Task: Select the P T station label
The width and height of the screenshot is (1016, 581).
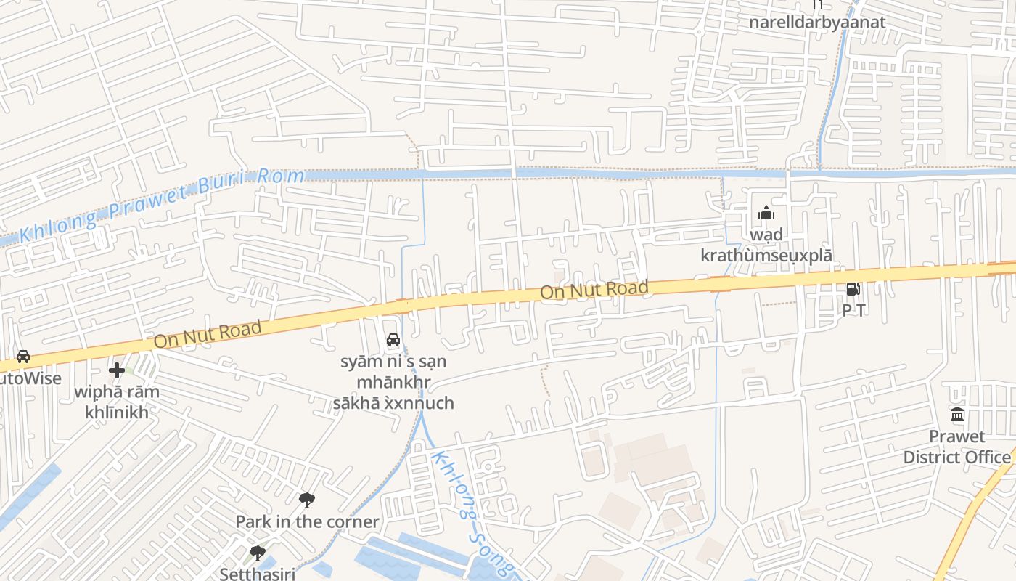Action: tap(853, 310)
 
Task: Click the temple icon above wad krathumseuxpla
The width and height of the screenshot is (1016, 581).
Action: tap(766, 214)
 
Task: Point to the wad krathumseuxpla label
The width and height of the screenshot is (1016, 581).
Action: tap(766, 245)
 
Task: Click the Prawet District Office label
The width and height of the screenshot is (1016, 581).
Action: tap(956, 447)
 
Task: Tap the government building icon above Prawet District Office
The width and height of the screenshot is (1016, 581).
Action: tap(957, 415)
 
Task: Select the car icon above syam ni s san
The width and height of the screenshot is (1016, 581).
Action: tap(393, 339)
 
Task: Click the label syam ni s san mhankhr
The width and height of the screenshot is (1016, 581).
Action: tap(397, 382)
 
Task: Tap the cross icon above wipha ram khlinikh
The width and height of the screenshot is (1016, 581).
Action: tap(117, 370)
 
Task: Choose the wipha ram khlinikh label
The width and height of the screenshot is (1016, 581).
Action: tap(117, 402)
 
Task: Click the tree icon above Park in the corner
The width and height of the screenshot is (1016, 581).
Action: tap(307, 500)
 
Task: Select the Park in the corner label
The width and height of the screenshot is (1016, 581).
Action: tap(307, 521)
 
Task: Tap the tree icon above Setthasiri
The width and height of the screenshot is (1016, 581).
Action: tap(257, 553)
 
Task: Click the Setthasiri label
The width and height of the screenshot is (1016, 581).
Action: tap(257, 574)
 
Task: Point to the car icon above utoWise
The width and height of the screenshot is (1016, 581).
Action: tap(23, 356)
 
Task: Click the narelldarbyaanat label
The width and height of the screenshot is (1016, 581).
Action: tap(817, 22)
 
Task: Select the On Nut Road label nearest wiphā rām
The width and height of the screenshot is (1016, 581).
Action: tap(208, 334)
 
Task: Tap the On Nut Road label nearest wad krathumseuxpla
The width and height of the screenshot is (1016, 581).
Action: tap(594, 290)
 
